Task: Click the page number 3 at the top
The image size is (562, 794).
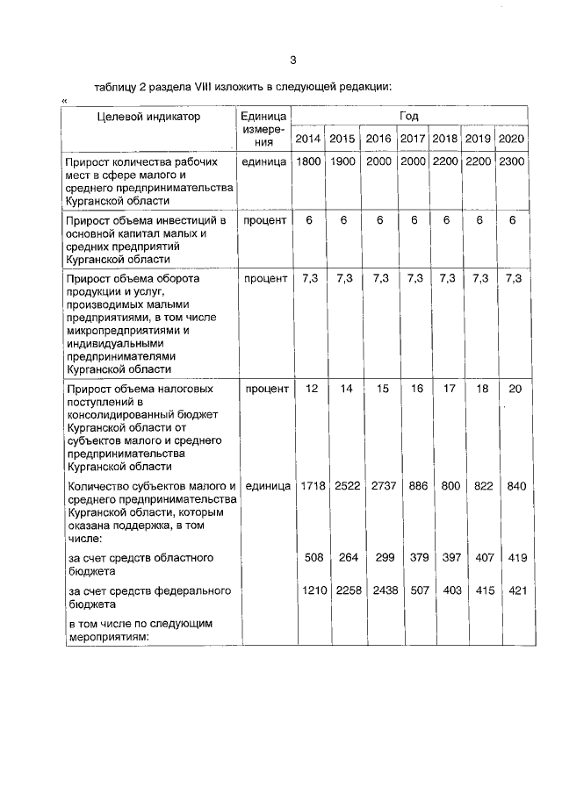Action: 293,60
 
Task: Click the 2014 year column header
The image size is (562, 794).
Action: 307,139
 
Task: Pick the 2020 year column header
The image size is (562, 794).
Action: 511,139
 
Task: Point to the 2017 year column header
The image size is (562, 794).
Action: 413,139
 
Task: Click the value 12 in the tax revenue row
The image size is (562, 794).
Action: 310,389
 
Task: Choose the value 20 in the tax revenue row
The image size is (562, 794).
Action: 515,389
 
